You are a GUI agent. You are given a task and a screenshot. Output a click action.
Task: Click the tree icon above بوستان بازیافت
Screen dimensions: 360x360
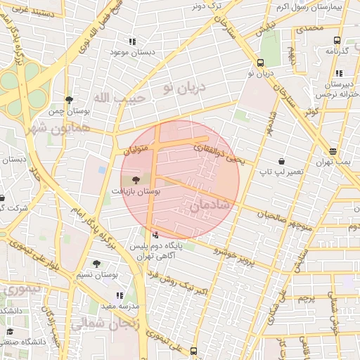[136, 180]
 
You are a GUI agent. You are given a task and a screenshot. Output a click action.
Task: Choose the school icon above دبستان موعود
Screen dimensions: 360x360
[131, 42]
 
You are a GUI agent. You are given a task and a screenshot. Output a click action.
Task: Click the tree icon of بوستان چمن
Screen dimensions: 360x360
[68, 101]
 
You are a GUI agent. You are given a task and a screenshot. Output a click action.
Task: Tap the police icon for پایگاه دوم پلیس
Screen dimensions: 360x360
[155, 235]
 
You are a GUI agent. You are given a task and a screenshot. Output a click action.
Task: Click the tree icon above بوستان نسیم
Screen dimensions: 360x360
[96, 264]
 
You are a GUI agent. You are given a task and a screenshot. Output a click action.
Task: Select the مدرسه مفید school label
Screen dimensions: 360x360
[120, 307]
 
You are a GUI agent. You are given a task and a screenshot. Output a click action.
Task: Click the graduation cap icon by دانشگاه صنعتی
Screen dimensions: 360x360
[10, 331]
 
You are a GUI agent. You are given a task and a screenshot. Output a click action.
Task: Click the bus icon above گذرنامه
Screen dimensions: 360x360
[337, 40]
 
